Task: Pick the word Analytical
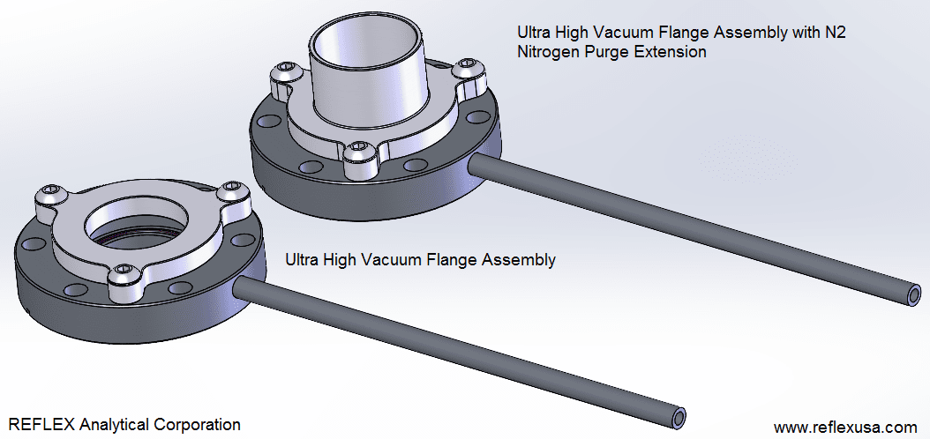113,425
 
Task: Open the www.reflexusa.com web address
845,427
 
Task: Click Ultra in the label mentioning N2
534,33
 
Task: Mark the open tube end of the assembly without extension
676,414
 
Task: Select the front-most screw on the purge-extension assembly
358,153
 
